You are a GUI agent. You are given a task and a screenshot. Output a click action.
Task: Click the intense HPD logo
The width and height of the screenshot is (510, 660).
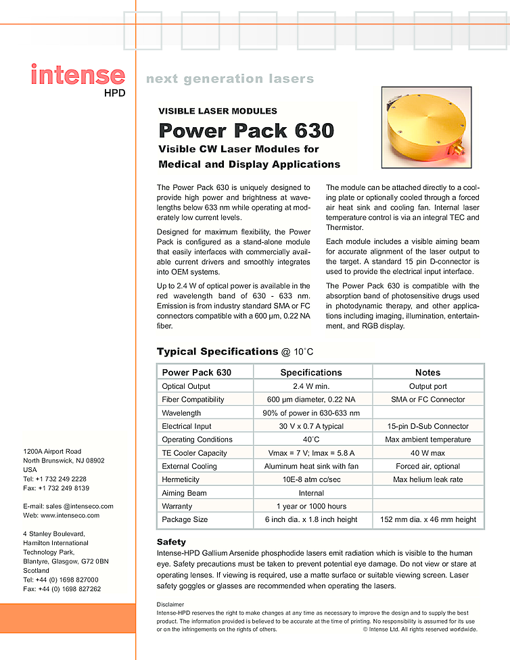78,78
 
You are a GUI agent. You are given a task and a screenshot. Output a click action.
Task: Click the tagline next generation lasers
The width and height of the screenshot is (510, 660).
230,79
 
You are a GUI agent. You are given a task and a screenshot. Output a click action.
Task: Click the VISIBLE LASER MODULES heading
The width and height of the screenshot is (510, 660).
217,111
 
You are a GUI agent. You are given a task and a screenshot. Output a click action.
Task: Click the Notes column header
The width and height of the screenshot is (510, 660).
427,373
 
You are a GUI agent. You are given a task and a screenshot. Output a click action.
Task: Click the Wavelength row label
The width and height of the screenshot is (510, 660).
181,412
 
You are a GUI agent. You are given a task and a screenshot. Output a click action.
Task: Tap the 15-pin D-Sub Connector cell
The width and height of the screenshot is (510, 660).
427,426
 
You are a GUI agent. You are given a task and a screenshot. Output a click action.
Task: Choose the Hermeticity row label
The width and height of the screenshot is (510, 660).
182,479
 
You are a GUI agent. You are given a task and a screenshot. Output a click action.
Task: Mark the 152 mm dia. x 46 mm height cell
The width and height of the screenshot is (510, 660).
427,519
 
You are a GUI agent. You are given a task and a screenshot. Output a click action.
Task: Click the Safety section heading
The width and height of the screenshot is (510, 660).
171,542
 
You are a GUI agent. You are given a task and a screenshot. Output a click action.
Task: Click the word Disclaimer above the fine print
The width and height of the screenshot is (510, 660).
170,604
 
